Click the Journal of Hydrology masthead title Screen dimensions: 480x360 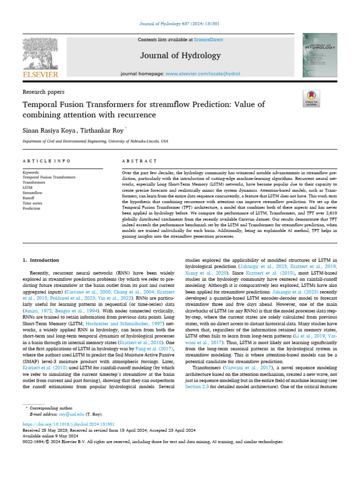click(180, 56)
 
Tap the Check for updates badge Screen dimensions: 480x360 click(311, 99)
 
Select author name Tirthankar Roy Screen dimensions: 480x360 click(100, 128)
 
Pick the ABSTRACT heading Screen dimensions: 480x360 click(139, 161)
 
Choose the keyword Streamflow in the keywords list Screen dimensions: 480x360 click(32, 193)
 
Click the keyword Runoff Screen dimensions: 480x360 click(29, 198)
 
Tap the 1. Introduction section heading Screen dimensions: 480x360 click(41, 260)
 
